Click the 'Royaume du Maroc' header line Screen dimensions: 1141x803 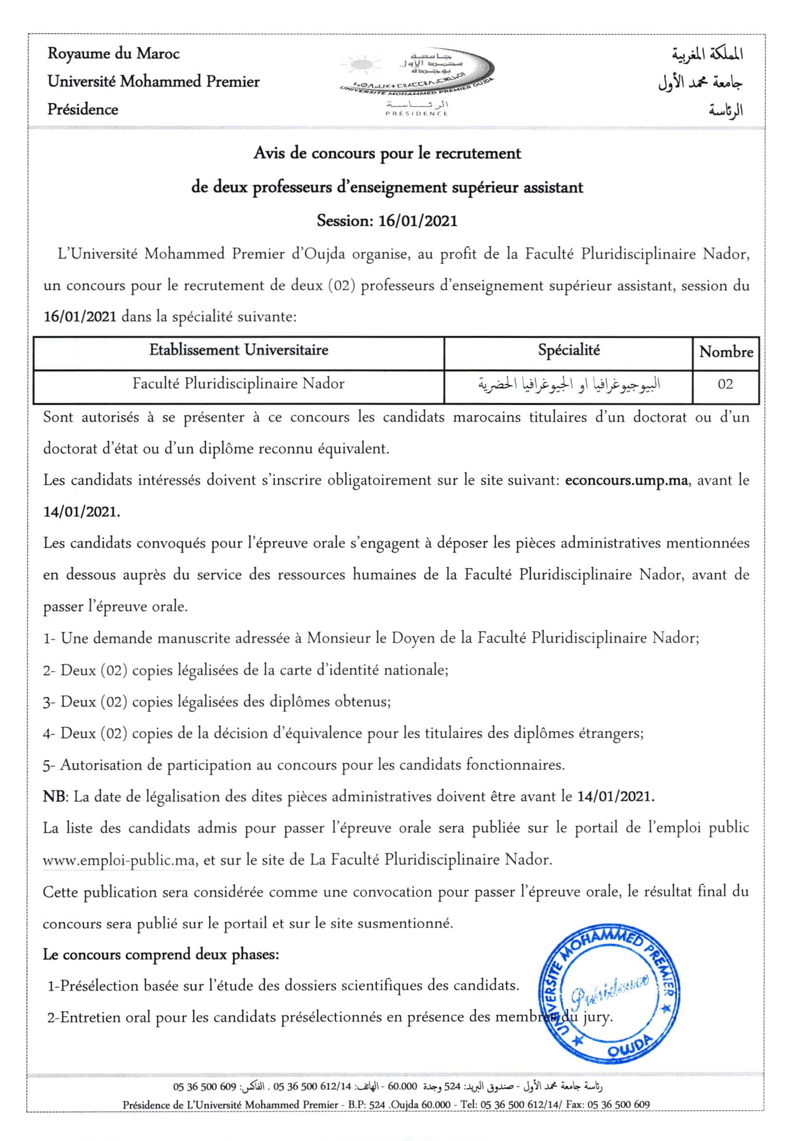pos(113,54)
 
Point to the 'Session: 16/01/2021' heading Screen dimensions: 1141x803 pos(386,220)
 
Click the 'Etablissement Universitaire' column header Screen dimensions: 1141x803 pos(238,350)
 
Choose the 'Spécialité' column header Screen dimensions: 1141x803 pos(568,350)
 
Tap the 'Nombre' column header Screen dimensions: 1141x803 pos(726,352)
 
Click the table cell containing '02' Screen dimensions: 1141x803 pos(726,384)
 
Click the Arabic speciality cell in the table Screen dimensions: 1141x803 pos(568,384)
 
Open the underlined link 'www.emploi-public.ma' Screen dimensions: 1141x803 pos(118,860)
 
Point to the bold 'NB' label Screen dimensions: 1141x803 pos(54,797)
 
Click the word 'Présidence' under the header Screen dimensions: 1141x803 pos(82,110)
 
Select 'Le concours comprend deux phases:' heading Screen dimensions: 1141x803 pos(161,955)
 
